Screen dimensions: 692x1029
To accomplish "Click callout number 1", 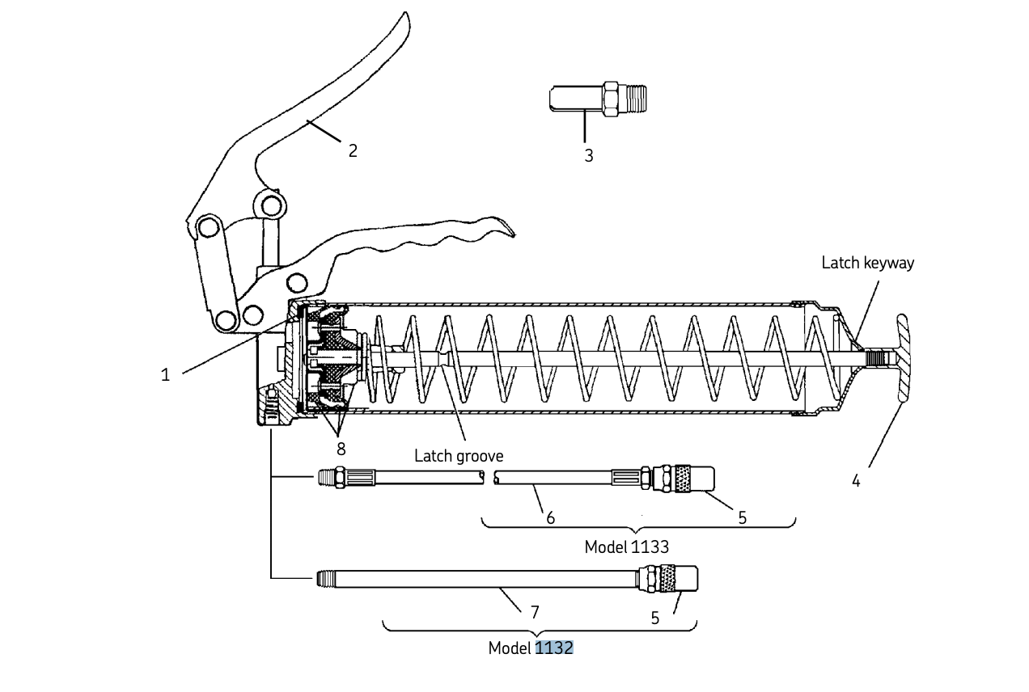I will click(165, 375).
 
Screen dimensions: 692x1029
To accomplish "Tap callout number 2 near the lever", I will click(353, 150).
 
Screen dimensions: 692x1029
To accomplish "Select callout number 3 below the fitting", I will click(589, 156).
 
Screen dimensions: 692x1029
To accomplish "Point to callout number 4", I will click(856, 481).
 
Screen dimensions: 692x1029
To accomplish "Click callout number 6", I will click(550, 517).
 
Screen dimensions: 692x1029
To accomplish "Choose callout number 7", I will click(535, 613).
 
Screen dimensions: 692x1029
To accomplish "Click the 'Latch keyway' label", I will click(867, 263).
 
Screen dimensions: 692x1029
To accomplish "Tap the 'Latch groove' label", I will click(459, 456).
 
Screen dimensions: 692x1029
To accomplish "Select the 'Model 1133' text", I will click(626, 547).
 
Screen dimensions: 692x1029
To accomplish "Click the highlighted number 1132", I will click(554, 648).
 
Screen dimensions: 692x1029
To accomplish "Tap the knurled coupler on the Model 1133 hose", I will click(678, 478).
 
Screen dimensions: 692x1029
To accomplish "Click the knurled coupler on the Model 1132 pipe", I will click(668, 579).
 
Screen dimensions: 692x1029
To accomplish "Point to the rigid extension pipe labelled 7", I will click(485, 579).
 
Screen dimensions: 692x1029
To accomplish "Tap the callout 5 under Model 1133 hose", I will click(742, 517).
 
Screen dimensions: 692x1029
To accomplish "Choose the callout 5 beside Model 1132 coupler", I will click(655, 618).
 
